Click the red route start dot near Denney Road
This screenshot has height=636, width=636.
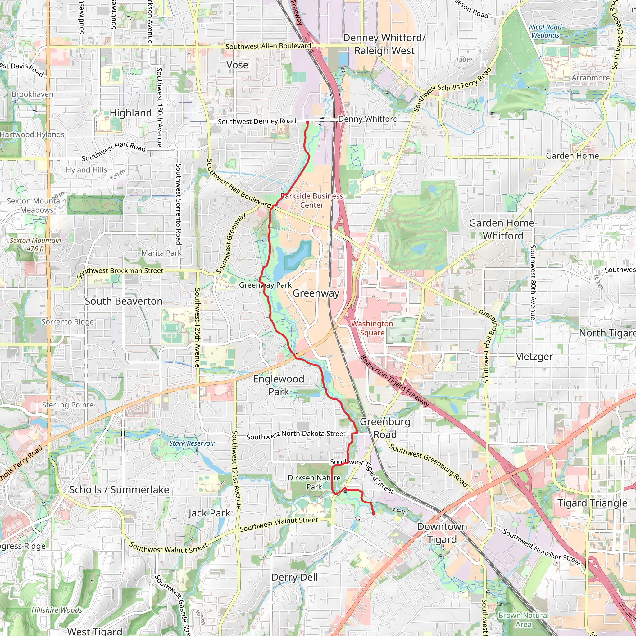point(307,122)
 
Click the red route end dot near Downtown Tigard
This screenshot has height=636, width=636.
point(374,514)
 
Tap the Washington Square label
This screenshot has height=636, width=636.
point(372,328)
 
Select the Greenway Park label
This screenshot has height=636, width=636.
point(265,285)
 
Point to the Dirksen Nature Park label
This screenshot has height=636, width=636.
point(314,482)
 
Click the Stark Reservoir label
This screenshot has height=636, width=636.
point(192,443)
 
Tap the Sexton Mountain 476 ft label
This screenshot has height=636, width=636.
point(35,245)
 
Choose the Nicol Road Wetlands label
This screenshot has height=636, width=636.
point(545,31)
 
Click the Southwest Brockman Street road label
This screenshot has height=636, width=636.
point(120,272)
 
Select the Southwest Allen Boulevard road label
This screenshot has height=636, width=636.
point(268,46)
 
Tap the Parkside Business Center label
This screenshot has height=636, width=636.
point(312,201)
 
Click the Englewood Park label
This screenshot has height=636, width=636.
point(279,385)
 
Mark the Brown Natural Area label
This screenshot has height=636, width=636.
point(523,620)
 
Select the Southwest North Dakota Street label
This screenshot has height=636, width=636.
point(296,435)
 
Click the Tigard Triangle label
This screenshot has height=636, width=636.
point(592,503)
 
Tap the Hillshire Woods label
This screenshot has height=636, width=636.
point(57,610)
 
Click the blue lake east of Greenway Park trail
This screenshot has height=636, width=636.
point(293,258)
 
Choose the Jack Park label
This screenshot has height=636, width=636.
point(209,513)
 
